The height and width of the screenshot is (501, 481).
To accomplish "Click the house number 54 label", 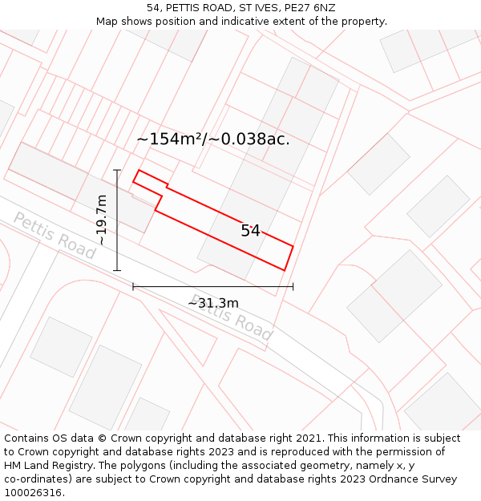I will point(250,231).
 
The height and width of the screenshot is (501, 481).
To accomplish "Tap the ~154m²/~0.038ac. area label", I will point(213,139).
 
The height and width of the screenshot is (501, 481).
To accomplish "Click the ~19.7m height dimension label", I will point(102,220).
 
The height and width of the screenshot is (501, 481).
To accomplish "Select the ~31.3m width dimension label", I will point(213,303).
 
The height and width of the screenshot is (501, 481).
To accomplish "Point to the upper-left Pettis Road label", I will point(55,235).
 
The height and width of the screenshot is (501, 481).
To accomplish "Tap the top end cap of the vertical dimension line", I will point(117,170).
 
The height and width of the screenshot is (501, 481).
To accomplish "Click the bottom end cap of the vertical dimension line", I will point(117,271).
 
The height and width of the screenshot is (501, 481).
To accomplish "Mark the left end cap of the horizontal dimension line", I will point(133,286).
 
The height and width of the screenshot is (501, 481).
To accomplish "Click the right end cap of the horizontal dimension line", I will point(293,286).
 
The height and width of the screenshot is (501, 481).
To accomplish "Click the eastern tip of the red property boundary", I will point(293,246).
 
